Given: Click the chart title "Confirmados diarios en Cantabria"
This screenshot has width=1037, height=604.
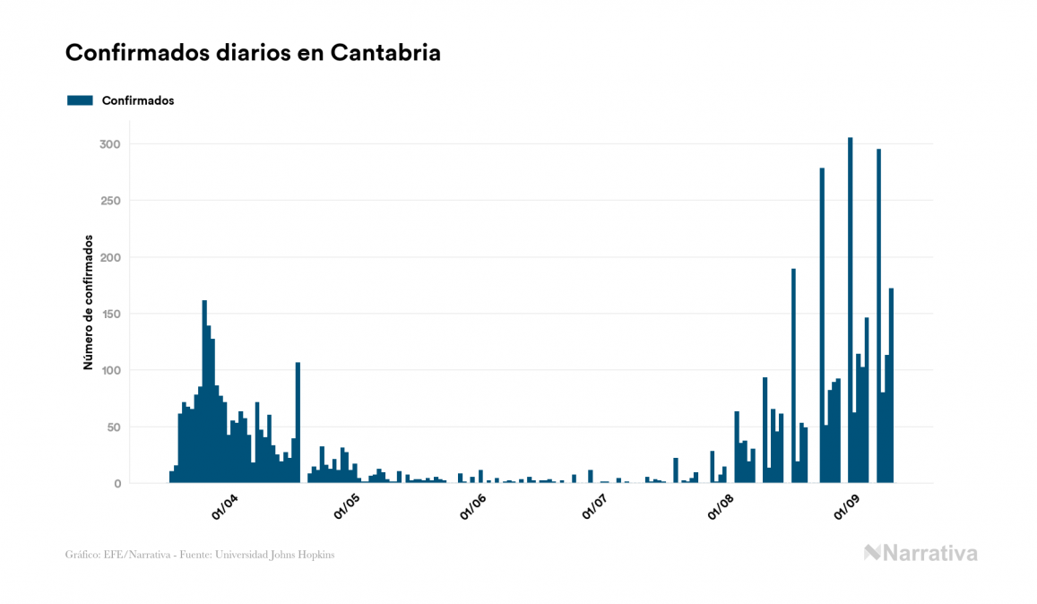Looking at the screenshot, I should pos(253,53).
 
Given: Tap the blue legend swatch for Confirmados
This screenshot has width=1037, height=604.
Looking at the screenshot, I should pos(80,100).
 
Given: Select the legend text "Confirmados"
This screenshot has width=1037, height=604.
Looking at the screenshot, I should pos(138,100).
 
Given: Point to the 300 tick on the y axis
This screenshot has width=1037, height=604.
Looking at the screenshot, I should pos(109,144).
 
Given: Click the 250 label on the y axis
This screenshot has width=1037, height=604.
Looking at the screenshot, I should pos(109,201).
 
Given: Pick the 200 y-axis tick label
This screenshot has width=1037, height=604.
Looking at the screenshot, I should pos(109,257).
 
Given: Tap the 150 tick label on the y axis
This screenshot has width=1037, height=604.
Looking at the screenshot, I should pos(109,314).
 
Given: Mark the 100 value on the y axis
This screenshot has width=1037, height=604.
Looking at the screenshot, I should pos(109,370).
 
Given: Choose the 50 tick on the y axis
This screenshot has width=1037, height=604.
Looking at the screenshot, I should pos(113,427).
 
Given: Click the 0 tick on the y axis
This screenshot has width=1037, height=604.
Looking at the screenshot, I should pos(117,483).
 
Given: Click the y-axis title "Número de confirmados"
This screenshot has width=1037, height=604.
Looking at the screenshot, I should pos(88,303).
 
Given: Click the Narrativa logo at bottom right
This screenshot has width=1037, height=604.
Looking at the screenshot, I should pos(920,553).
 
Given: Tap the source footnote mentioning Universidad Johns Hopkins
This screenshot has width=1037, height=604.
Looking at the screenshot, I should pos(200,555).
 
